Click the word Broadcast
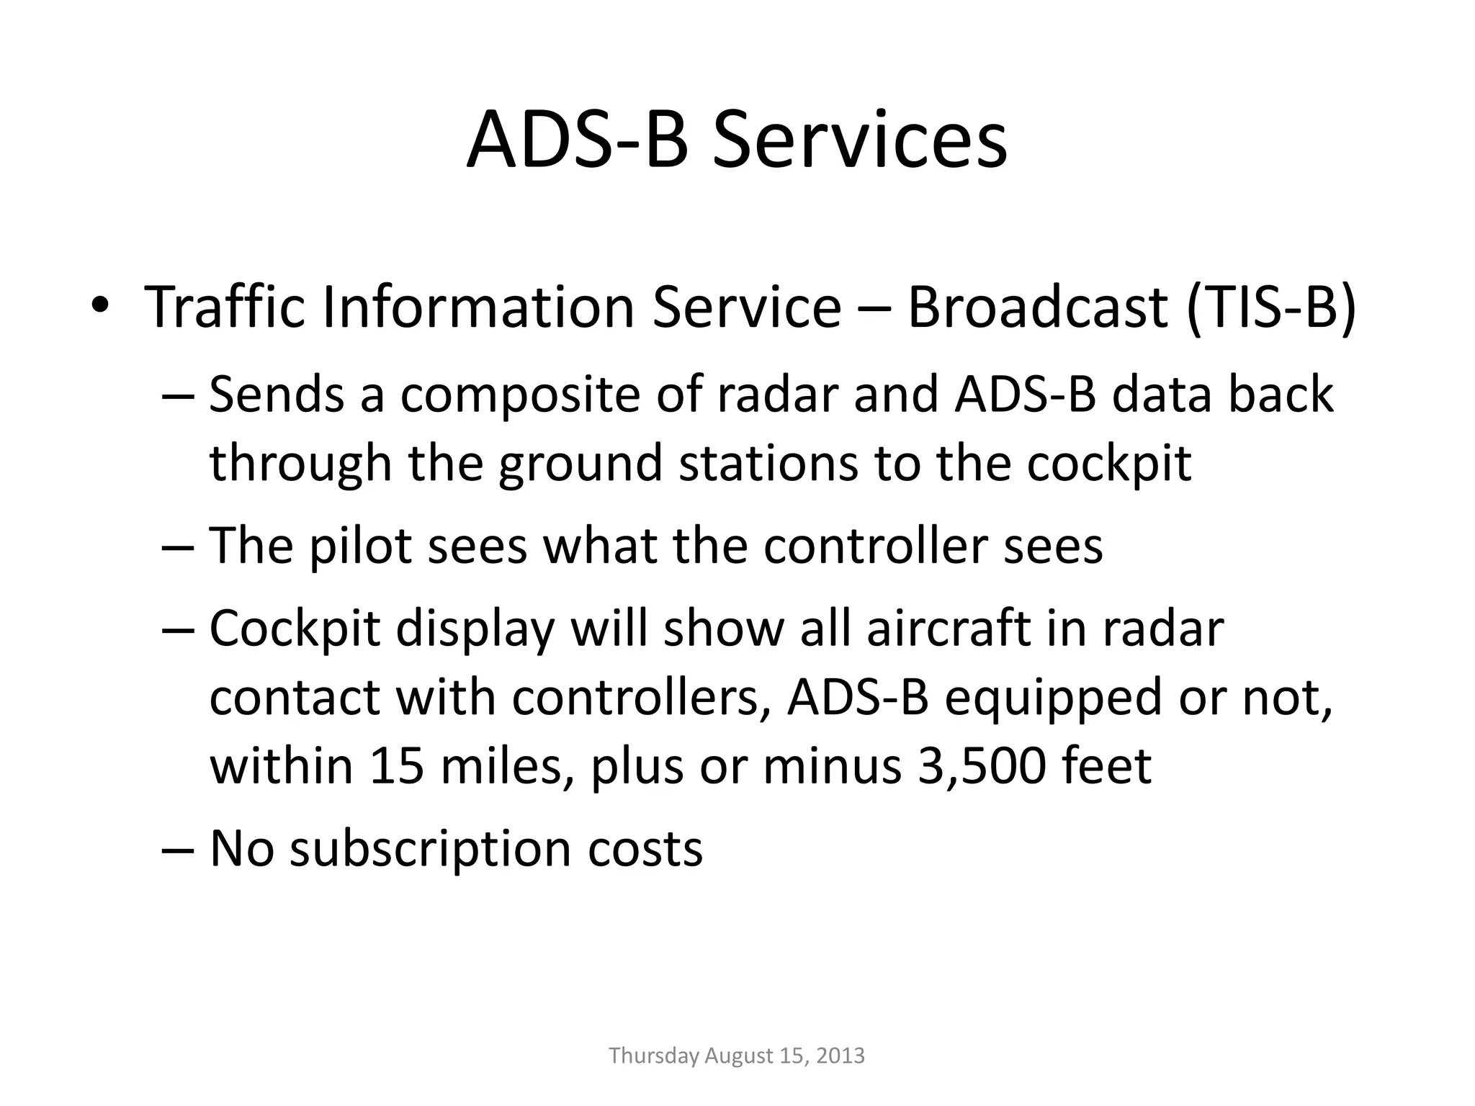1037,307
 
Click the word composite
519,395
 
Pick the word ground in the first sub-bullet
580,463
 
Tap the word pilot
360,546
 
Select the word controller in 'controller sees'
875,546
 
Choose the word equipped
1053,697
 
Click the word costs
645,848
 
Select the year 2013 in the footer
840,1056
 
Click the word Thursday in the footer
653,1056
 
